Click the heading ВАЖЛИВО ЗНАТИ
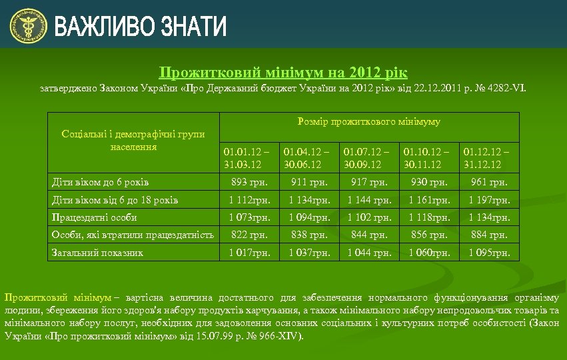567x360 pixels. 141,27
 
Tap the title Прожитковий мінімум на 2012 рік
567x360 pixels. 283,72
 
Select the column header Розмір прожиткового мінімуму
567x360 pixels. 368,122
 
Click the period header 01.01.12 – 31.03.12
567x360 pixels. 247,158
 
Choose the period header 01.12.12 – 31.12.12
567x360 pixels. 486,158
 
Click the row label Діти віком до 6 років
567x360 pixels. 100,182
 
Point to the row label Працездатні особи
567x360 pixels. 95,217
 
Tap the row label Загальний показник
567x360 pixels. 97,253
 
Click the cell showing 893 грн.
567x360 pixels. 249,182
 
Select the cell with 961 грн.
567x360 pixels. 489,182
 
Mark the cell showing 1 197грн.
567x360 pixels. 489,200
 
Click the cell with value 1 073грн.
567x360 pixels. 249,217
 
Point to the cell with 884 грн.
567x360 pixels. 489,235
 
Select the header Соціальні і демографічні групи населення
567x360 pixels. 133,141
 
